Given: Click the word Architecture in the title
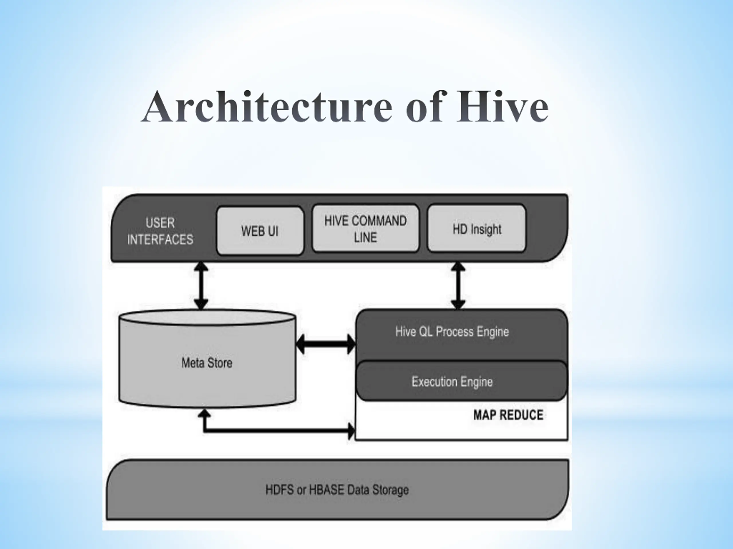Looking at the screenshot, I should coord(268,107).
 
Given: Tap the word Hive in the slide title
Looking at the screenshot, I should coord(502,107).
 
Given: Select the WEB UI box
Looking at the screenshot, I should coord(260,231).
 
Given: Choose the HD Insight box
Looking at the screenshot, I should coord(476,229).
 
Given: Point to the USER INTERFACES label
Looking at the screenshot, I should coord(160,231).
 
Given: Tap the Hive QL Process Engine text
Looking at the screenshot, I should coord(452,332).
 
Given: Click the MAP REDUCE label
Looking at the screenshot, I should coord(508,415).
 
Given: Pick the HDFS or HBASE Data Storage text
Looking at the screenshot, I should coord(337,490).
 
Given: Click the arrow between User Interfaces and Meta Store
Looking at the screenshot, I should coord(201,286).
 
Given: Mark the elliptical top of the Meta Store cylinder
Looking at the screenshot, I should coord(207,317).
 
